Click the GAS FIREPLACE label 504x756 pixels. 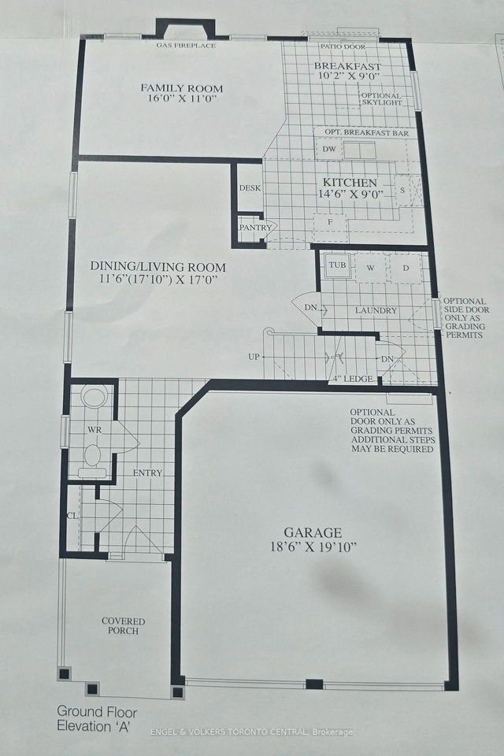point(186,46)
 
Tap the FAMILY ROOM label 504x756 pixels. point(182,87)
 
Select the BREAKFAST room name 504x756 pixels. point(347,66)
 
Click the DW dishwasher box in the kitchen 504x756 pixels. point(329,149)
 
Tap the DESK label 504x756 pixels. point(250,189)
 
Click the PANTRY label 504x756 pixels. point(255,228)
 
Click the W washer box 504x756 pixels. point(370,268)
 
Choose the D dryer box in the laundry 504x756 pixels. point(406,268)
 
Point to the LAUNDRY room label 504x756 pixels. point(375,310)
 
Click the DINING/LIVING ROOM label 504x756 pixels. point(157,267)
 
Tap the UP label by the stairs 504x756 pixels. point(254,357)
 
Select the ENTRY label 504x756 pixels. point(147,472)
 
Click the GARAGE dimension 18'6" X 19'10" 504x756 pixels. point(313,547)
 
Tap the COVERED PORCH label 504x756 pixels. point(123,626)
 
